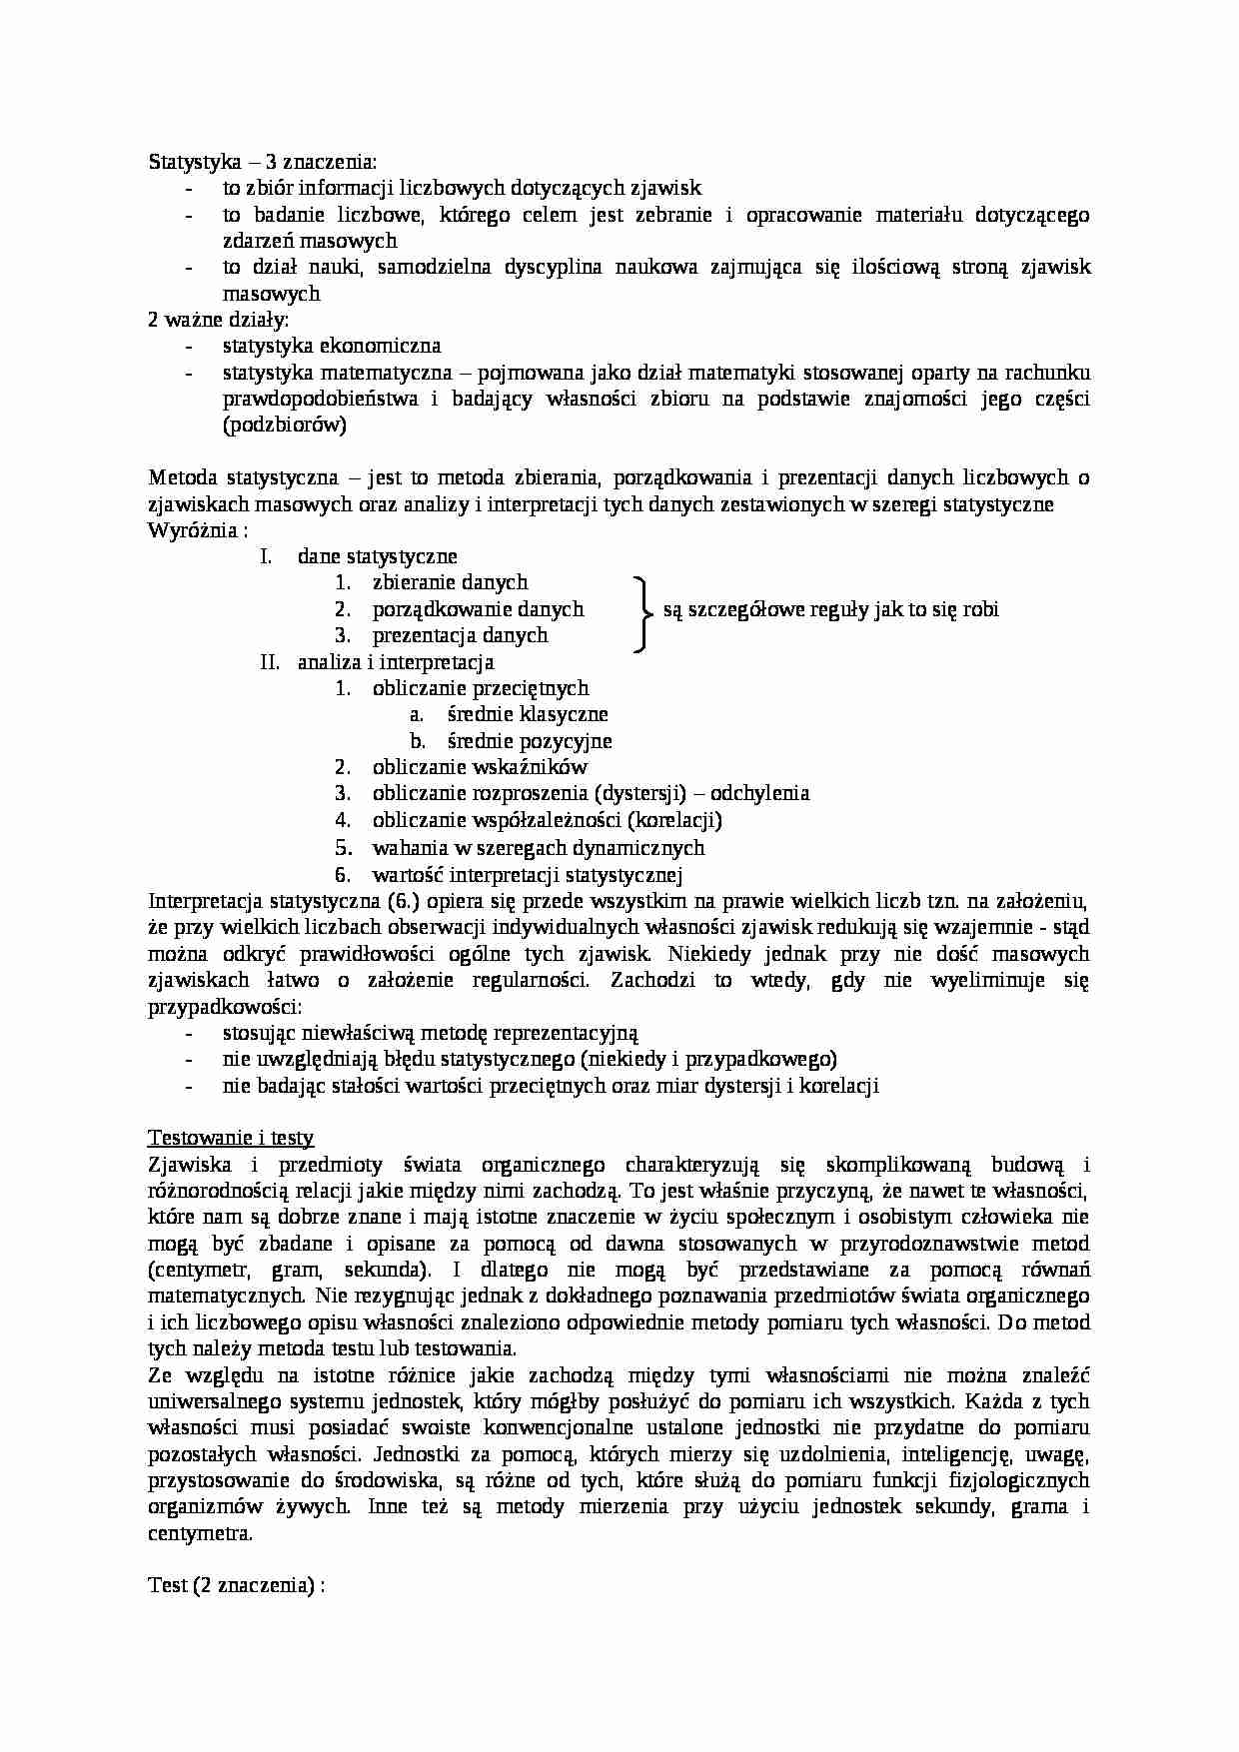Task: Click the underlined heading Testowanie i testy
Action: (x=231, y=1138)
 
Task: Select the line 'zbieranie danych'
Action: (x=450, y=582)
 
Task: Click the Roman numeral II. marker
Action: (x=270, y=661)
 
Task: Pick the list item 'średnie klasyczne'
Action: (x=528, y=714)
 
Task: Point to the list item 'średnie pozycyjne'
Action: (x=530, y=741)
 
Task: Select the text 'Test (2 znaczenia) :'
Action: (x=238, y=1586)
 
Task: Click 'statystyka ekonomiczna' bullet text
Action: (x=332, y=346)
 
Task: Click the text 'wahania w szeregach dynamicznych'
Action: (x=539, y=847)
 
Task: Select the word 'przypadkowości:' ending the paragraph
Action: (x=225, y=1007)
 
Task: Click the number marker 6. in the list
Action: (x=343, y=874)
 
